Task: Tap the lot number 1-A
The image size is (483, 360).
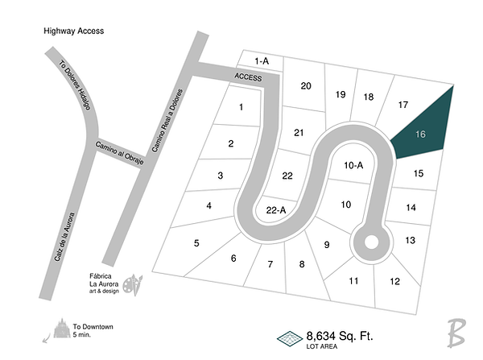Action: coord(260,61)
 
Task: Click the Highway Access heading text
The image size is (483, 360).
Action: coord(74,31)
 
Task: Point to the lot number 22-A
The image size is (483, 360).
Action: coord(275,210)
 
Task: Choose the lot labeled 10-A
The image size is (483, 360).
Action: coord(354,165)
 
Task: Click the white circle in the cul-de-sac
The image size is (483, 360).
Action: coord(371,241)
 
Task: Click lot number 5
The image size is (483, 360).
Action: coord(196,242)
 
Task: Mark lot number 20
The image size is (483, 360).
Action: coord(306,86)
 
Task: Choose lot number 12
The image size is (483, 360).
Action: coord(394,281)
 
